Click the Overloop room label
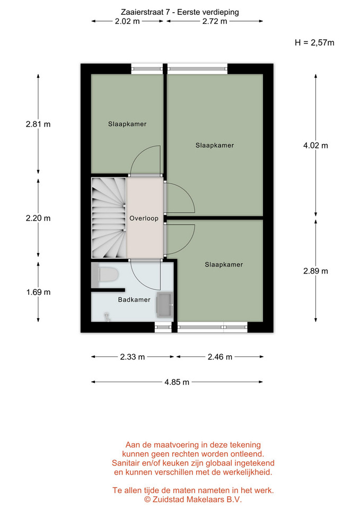tap(144, 218)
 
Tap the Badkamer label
tap(134, 300)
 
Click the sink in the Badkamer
tap(165, 304)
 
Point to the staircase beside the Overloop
tap(109, 217)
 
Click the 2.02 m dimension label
tap(127, 21)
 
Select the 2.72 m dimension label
tap(215, 21)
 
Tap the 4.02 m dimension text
tap(315, 145)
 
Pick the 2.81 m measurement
tap(38, 124)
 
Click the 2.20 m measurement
tap(38, 218)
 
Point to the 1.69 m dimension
tap(38, 292)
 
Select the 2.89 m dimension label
tap(315, 271)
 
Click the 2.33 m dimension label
tap(133, 357)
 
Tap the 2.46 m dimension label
tap(220, 357)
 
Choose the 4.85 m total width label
tap(177, 382)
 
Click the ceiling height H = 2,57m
tap(314, 42)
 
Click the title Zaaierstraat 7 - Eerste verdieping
tap(180, 12)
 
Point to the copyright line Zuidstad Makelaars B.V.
tap(193, 499)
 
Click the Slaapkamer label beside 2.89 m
tap(224, 265)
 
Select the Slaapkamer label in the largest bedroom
tap(215, 145)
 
